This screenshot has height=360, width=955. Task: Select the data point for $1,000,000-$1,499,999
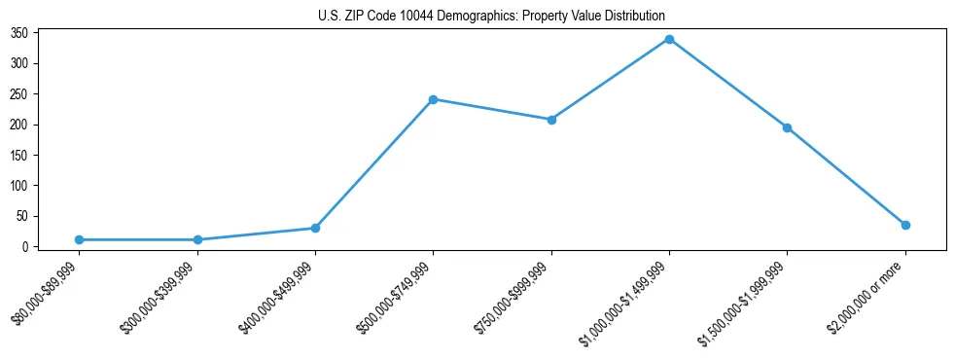(x=669, y=39)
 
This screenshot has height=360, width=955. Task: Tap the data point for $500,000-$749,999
(x=433, y=99)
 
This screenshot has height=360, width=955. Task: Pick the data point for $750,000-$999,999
(x=551, y=120)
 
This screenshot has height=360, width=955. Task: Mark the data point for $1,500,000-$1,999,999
(x=787, y=127)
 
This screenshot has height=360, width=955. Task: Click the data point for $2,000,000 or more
(x=905, y=225)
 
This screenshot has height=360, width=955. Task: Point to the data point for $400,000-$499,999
(x=315, y=228)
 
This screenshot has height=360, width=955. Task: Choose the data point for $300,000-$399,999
(x=197, y=239)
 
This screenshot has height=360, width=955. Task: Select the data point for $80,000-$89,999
(x=79, y=239)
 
